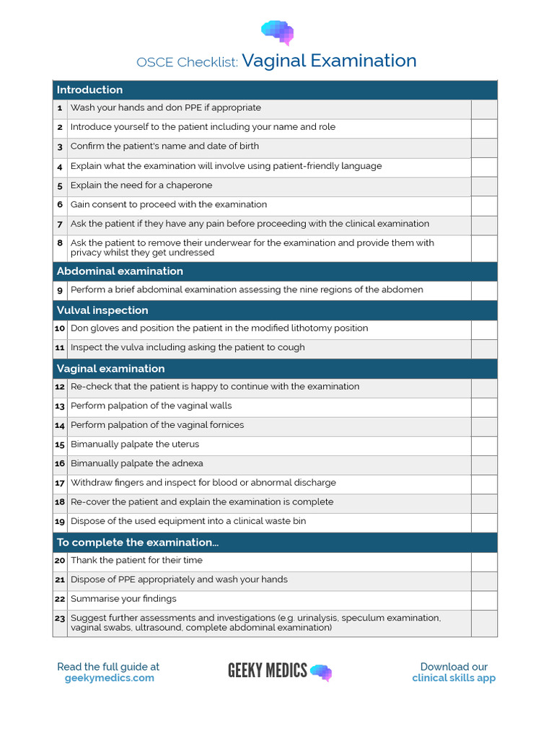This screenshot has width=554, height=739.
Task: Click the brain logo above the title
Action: [277, 32]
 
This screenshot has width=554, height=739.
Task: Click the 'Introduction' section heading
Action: [90, 89]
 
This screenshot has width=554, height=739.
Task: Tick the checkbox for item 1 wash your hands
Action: [484, 109]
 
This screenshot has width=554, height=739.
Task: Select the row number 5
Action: [60, 185]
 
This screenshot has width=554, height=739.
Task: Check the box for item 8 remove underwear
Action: [484, 248]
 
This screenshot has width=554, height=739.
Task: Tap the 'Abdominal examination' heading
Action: [120, 271]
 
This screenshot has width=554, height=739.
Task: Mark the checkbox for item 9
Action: [484, 290]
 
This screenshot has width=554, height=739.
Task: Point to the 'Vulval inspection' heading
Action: [102, 310]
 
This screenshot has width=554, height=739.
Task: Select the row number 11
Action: [60, 348]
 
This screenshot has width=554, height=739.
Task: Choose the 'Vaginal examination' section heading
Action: [110, 369]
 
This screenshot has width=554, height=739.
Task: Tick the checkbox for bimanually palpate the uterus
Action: [484, 445]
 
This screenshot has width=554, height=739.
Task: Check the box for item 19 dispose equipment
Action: [484, 522]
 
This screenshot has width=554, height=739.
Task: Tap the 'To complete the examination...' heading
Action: [138, 543]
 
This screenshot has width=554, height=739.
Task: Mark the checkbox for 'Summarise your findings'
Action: [484, 600]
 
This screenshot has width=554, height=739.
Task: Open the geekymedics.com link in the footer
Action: [109, 678]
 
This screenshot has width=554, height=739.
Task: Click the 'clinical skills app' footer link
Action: [454, 678]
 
